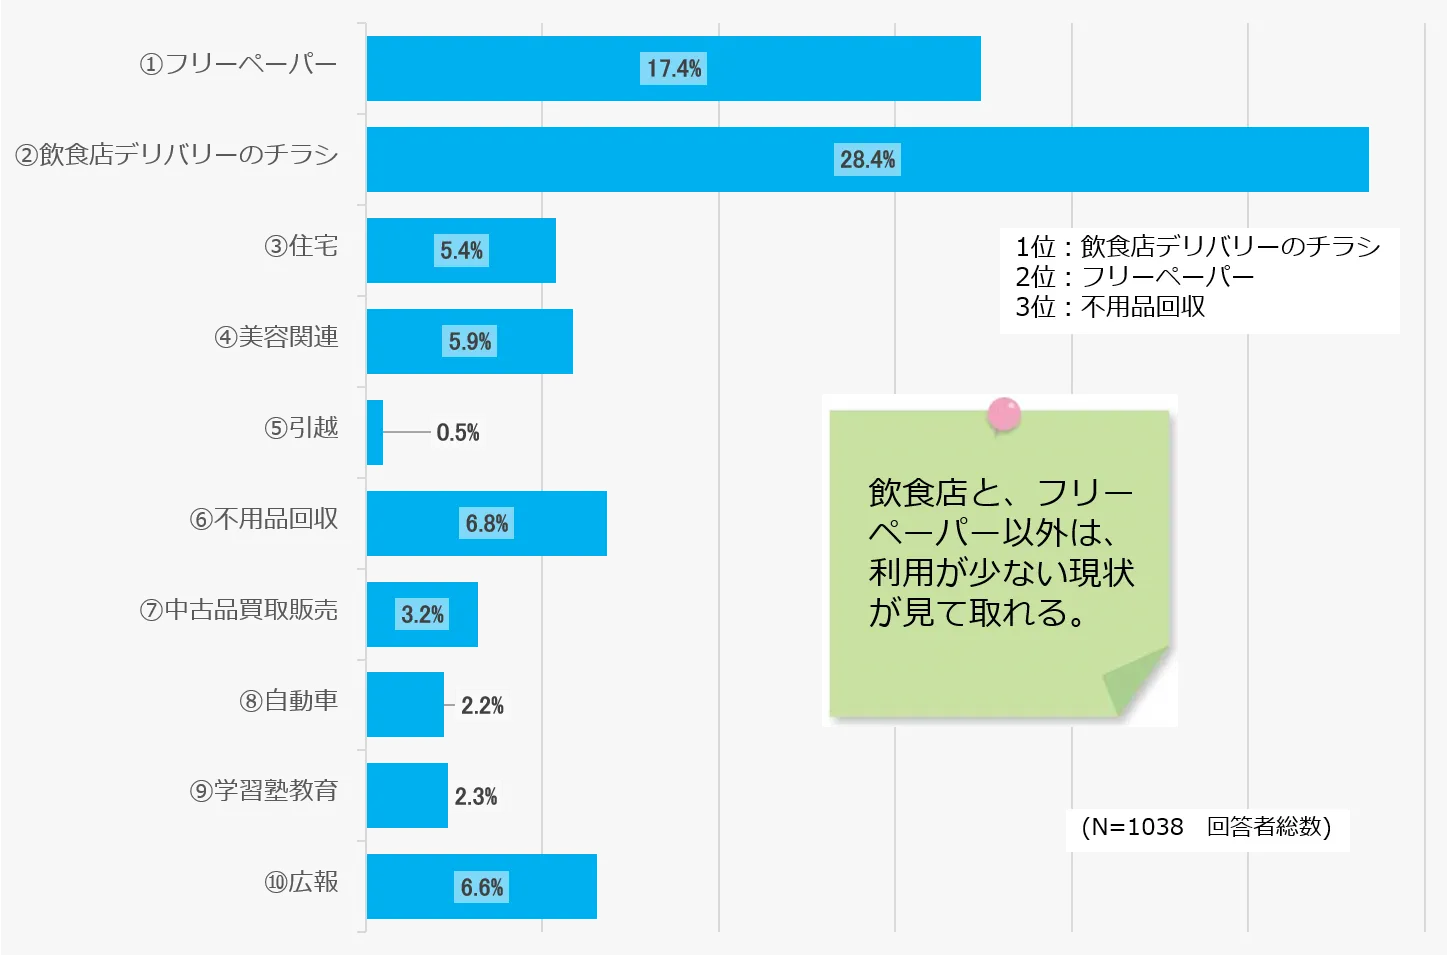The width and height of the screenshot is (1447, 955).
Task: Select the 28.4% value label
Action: coord(868,160)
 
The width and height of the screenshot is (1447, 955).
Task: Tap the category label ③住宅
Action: coord(301,246)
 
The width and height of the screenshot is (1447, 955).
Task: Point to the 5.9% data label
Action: coord(470,342)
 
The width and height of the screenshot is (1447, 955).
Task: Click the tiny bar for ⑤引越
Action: coord(375,432)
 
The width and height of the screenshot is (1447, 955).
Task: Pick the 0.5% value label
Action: coord(458,433)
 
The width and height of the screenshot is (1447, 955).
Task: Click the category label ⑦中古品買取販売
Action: coord(239,610)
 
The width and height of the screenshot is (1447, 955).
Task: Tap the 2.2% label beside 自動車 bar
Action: coord(482,706)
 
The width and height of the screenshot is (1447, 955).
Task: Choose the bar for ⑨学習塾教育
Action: coord(407,796)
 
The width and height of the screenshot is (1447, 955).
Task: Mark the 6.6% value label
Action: coord(482,888)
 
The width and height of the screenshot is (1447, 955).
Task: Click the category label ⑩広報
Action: coord(301,882)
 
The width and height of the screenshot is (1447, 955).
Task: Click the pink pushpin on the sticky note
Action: coord(1003,413)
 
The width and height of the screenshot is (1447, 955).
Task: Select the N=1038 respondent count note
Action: coord(1207,828)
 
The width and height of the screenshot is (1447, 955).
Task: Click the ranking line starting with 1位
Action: coord(1198,247)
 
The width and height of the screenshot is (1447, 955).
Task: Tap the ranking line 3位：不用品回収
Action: coord(1110,307)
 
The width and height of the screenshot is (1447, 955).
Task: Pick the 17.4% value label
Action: coord(674,69)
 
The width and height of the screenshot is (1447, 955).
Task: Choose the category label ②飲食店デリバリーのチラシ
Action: coord(177,155)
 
